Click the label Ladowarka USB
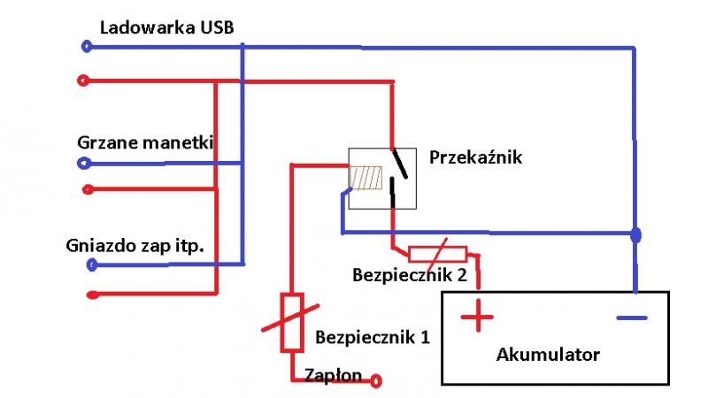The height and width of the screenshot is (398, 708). tap(167, 27)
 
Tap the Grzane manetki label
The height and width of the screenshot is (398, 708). tap(145, 142)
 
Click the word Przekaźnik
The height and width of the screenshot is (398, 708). tap(476, 158)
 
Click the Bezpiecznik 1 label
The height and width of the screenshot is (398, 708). tap(364, 336)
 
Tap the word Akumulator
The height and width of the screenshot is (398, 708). tap(548, 355)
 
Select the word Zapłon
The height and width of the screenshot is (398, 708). tap(333, 375)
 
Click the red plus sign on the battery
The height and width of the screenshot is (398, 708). tap(477, 316)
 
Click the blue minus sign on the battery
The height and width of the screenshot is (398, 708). tap(631, 317)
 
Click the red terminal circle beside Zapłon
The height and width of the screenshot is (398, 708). tap(377, 381)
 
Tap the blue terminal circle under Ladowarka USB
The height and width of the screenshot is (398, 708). tap(86, 46)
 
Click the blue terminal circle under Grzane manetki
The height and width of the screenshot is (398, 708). tap(83, 164)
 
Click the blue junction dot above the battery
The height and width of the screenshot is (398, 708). tap(635, 235)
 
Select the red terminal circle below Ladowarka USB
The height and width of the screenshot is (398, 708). tap(83, 81)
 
